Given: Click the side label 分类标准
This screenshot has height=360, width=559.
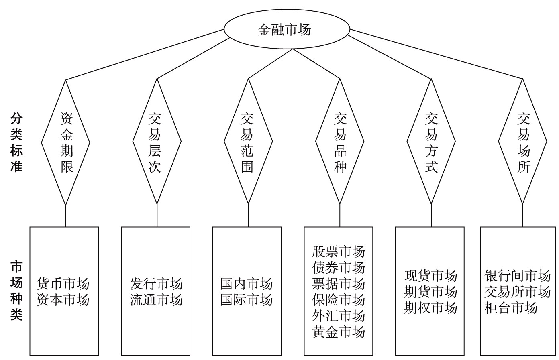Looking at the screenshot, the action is pyautogui.click(x=16, y=142).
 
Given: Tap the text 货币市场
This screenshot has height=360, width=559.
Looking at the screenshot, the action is pyautogui.click(x=63, y=284).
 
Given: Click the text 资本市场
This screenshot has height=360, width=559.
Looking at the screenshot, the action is pyautogui.click(x=63, y=300).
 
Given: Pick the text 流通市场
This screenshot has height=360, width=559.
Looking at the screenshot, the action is pyautogui.click(x=157, y=300).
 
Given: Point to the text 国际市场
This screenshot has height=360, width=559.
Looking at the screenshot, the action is pyautogui.click(x=247, y=300).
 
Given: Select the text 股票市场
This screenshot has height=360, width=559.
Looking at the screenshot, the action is pyautogui.click(x=339, y=252).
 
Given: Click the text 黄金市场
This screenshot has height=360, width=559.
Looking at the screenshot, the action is pyautogui.click(x=339, y=332).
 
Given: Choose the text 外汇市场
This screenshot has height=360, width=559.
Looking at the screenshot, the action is pyautogui.click(x=339, y=316).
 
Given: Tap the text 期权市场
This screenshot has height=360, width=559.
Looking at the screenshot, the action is pyautogui.click(x=431, y=307).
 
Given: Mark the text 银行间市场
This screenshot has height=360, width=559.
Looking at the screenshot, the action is pyautogui.click(x=518, y=276).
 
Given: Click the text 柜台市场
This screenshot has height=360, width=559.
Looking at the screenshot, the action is pyautogui.click(x=511, y=307).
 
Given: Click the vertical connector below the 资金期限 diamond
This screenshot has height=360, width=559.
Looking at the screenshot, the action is pyautogui.click(x=65, y=216).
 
